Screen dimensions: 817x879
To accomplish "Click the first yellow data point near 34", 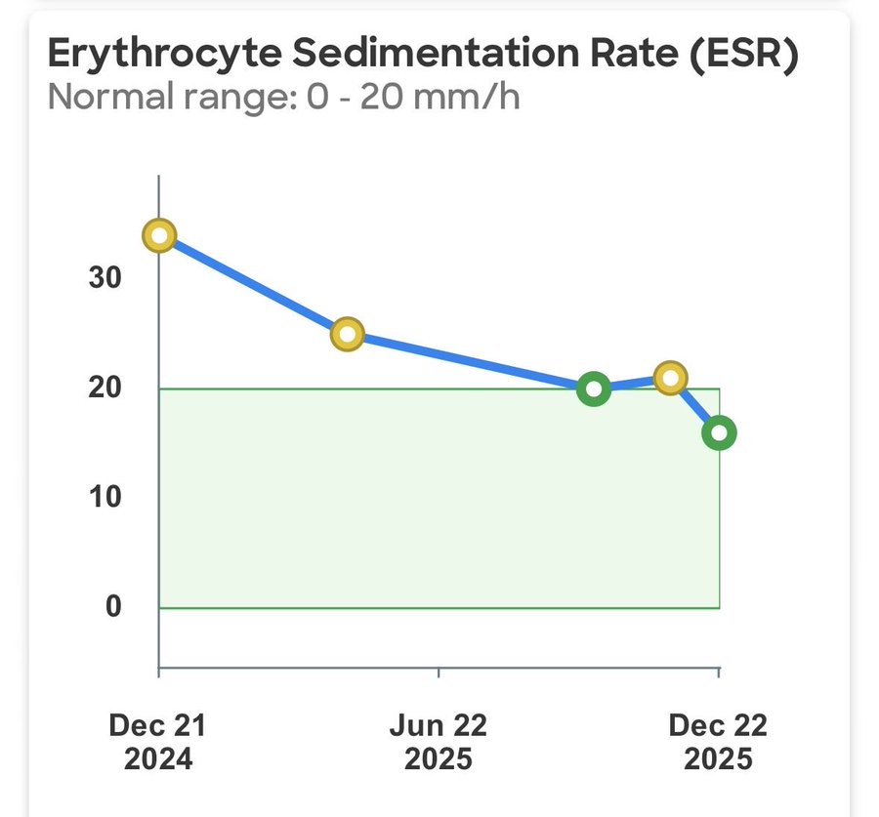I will click(x=159, y=235).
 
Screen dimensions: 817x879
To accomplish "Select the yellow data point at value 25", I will click(x=347, y=334).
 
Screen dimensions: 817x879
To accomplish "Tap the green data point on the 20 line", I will click(x=593, y=389).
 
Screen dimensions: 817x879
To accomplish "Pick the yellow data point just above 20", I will click(x=670, y=378).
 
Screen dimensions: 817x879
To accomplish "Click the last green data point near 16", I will click(x=719, y=432).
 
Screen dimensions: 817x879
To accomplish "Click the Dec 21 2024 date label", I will click(x=158, y=742).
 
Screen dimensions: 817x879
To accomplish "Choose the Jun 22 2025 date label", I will click(x=439, y=742).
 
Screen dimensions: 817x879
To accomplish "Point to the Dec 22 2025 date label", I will click(x=718, y=742).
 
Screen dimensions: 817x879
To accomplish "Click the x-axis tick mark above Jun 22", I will click(x=439, y=674).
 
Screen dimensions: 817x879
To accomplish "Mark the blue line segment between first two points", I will click(x=253, y=285).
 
